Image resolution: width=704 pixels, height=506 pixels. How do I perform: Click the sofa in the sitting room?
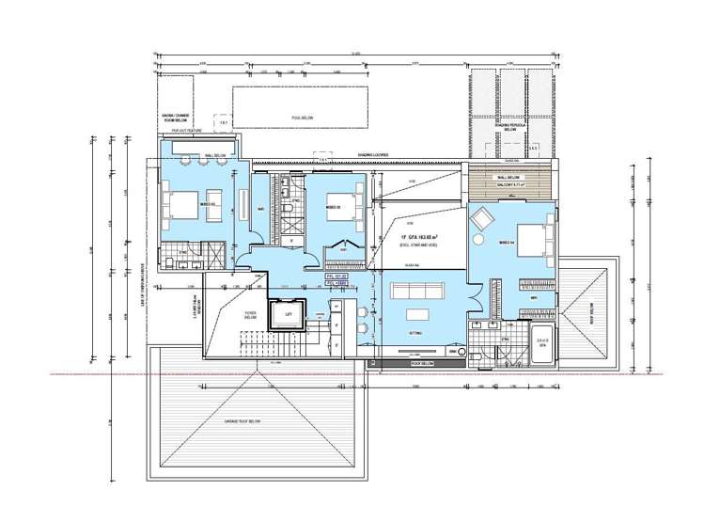415,315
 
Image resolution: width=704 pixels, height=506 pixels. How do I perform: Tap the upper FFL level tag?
336,275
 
